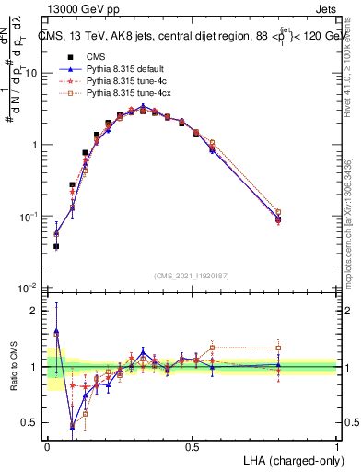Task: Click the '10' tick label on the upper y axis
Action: [31, 73]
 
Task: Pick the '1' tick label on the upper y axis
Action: [34, 145]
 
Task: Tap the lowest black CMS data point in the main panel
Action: [56, 246]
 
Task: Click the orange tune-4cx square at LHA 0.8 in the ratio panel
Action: [278, 348]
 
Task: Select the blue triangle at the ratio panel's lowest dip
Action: [73, 427]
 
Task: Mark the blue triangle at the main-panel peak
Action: [143, 105]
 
